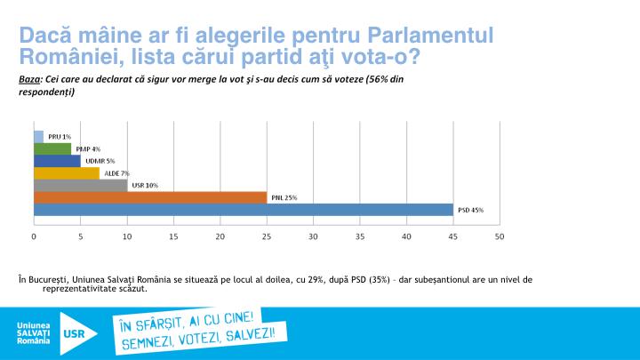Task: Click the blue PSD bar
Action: coord(243,209)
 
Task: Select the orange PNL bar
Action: coord(149,196)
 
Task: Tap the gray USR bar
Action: coord(80,185)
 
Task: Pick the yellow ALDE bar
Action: coord(66,172)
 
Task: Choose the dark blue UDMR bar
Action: coord(57,161)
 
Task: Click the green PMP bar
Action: coord(52,148)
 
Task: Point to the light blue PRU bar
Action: coord(38,136)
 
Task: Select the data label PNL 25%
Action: coord(284,197)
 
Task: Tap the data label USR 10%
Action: coord(144,185)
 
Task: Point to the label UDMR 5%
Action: coord(100,161)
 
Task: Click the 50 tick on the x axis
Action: coord(500,236)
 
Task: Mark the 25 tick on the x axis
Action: coord(266,236)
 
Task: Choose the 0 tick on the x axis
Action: coord(34,236)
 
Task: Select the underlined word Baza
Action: coord(29,79)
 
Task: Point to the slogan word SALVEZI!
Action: coord(263,333)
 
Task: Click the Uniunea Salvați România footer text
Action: coord(34,333)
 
